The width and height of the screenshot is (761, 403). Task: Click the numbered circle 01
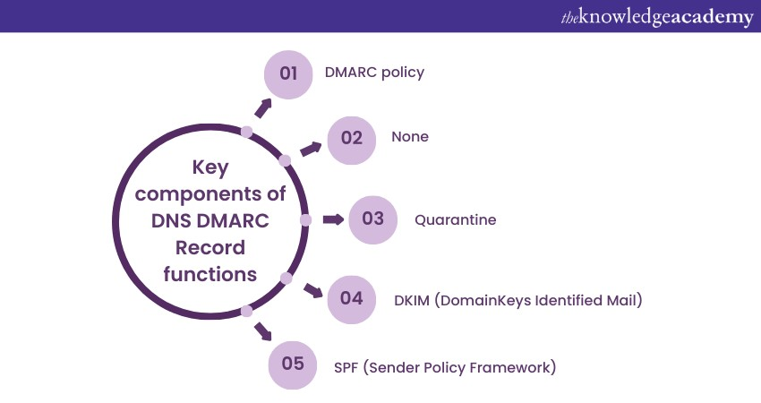pyautogui.click(x=288, y=74)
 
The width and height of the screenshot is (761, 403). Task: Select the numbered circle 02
pyautogui.click(x=352, y=141)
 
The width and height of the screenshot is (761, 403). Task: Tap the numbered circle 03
pyautogui.click(x=372, y=220)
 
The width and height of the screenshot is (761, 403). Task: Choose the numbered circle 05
pyautogui.click(x=293, y=365)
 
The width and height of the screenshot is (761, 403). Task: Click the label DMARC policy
pyautogui.click(x=374, y=73)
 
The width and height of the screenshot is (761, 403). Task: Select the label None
pyautogui.click(x=410, y=137)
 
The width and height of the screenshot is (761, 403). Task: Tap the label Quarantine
pyautogui.click(x=455, y=220)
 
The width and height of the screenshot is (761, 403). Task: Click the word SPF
pyautogui.click(x=346, y=367)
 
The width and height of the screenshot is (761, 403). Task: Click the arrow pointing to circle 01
pyautogui.click(x=263, y=108)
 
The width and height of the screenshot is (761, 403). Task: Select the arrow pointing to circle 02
pyautogui.click(x=311, y=149)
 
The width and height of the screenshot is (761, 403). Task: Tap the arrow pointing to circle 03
pyautogui.click(x=333, y=219)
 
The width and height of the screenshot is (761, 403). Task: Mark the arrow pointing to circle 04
pyautogui.click(x=313, y=291)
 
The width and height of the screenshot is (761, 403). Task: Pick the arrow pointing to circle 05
pyautogui.click(x=263, y=331)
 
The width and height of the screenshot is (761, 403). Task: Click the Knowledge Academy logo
pyautogui.click(x=657, y=18)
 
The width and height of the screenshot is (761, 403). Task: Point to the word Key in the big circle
pyautogui.click(x=210, y=168)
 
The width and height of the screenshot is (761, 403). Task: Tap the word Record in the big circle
pyautogui.click(x=210, y=248)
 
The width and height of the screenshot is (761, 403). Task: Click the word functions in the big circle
pyautogui.click(x=210, y=274)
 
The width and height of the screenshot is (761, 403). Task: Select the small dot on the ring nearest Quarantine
pyautogui.click(x=305, y=220)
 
